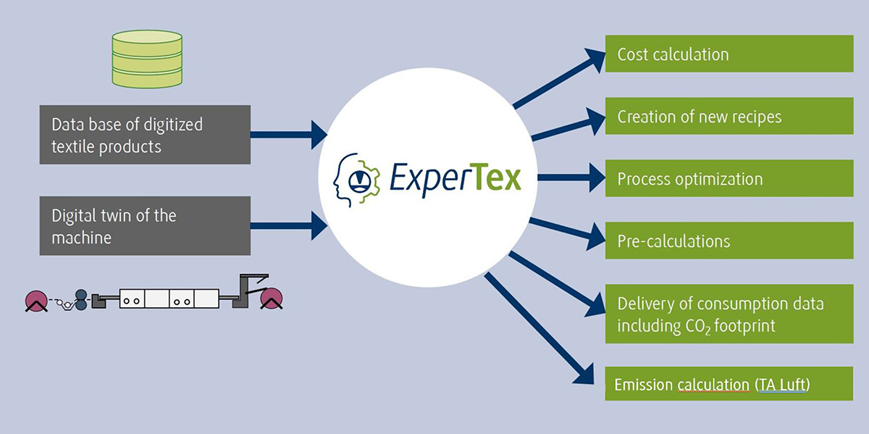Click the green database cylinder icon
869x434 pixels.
147,59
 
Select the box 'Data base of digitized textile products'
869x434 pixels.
145,135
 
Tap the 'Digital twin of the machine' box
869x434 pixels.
145,225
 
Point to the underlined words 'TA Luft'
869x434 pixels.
782,385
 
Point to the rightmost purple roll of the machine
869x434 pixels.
272,298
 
